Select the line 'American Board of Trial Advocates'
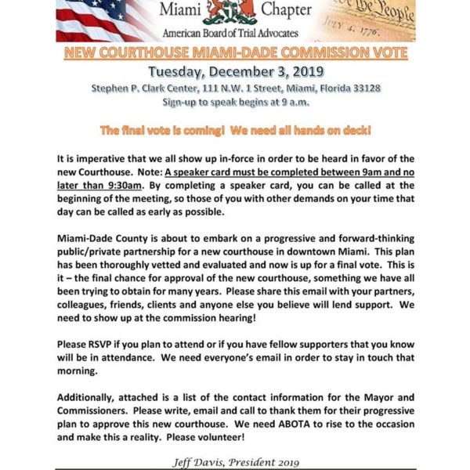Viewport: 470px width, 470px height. point(235,34)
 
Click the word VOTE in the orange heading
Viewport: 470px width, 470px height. point(383,53)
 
